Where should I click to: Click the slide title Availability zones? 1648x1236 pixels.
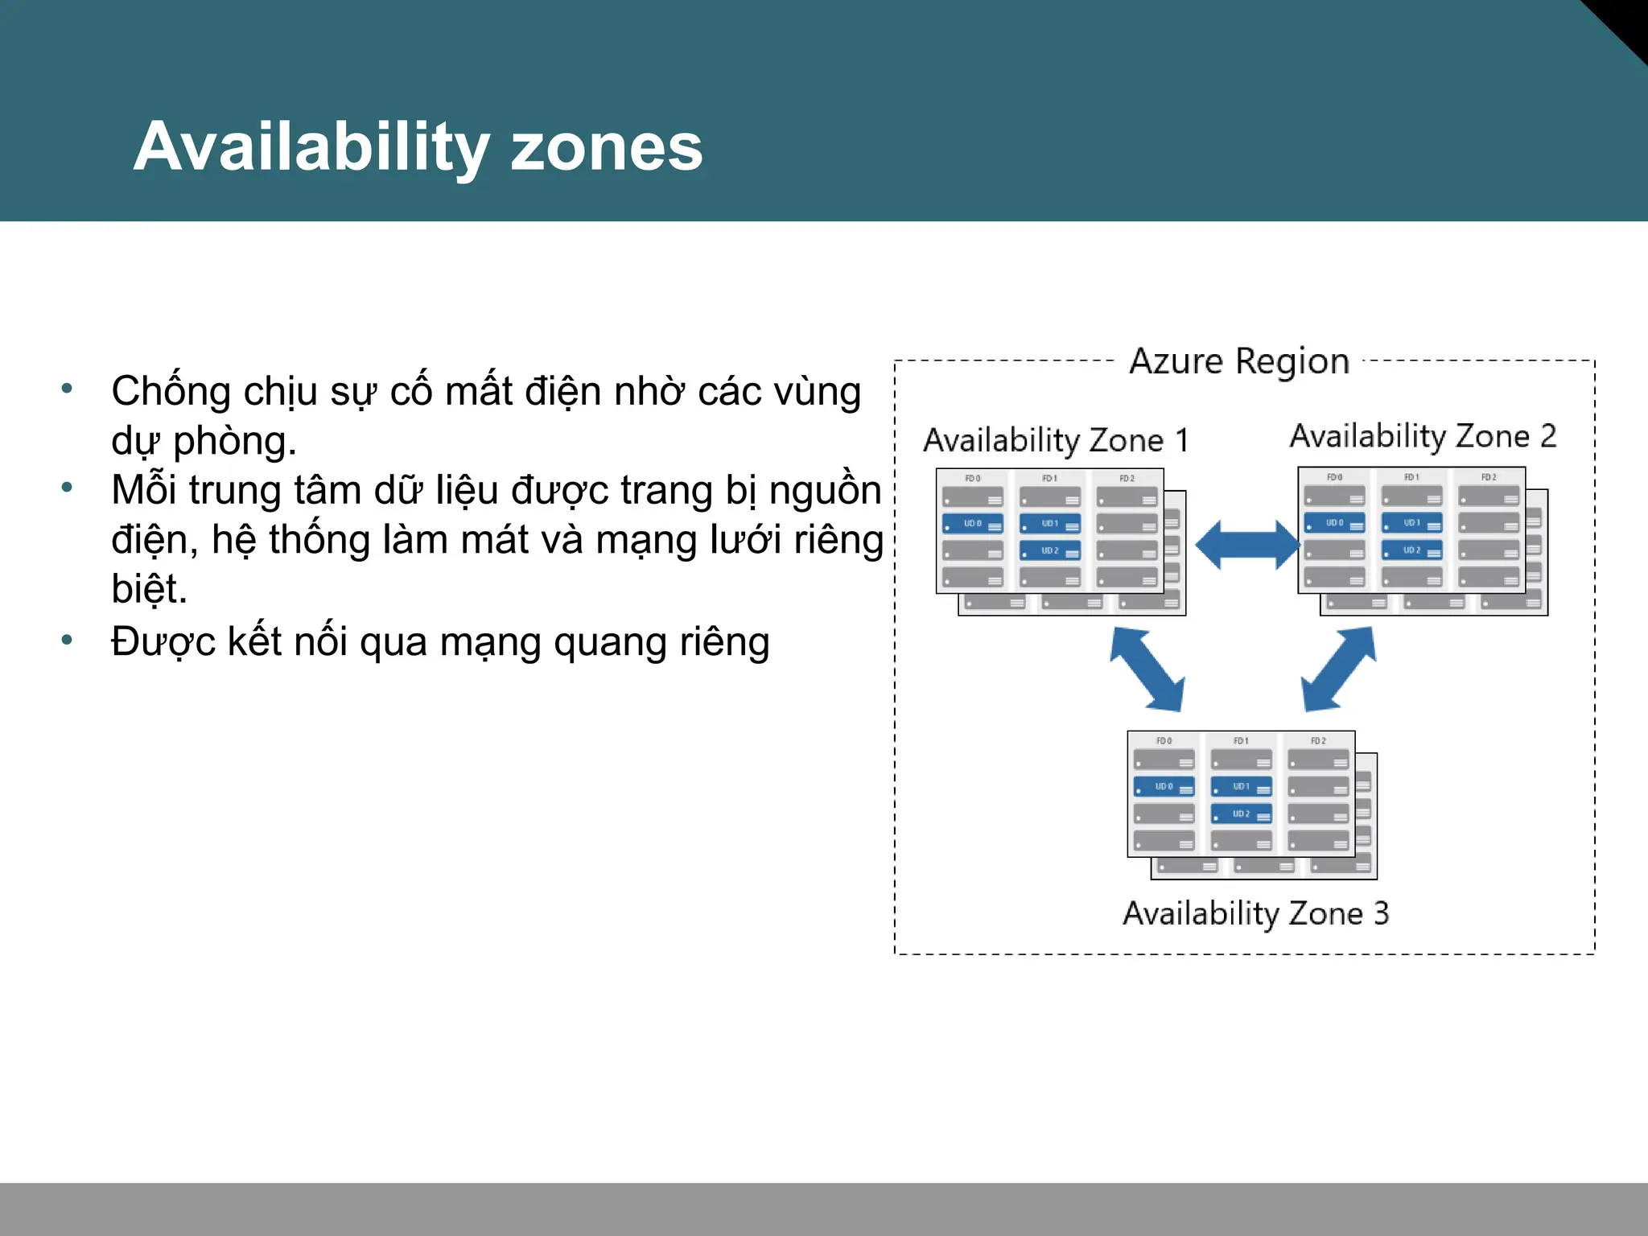click(418, 146)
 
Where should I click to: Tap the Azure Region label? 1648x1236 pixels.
click(1239, 361)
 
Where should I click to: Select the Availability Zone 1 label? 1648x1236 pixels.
click(1056, 440)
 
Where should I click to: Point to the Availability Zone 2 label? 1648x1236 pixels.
click(1423, 436)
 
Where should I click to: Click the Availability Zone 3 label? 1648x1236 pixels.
click(1256, 913)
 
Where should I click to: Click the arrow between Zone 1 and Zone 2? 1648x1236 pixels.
click(1246, 545)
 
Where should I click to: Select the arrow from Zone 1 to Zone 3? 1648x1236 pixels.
click(1147, 669)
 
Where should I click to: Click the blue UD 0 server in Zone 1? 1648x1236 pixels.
click(973, 524)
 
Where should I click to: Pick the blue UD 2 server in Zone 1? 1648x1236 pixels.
click(1050, 551)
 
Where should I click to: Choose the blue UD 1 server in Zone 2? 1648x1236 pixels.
click(1412, 523)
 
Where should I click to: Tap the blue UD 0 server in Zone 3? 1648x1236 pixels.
click(1164, 787)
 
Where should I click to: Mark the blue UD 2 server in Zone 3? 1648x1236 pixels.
click(1242, 814)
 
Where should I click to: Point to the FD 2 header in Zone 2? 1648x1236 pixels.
click(1489, 477)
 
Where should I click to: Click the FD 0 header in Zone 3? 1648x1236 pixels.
click(1164, 741)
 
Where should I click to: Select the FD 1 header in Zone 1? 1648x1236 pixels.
click(1050, 478)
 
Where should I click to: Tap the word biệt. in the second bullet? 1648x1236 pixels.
click(150, 589)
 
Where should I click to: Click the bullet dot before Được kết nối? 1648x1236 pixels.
click(67, 641)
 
